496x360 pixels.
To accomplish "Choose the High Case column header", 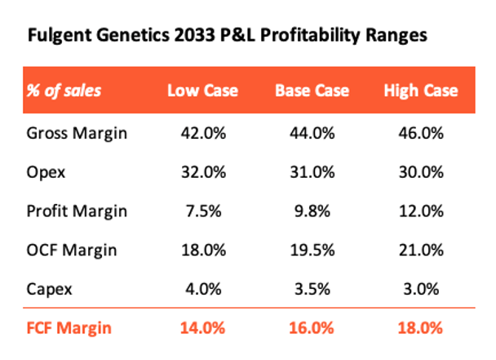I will pyautogui.click(x=420, y=89).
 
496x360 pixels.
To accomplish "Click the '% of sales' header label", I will pyautogui.click(x=67, y=89).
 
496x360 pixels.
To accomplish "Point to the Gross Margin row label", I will pyautogui.click(x=78, y=133).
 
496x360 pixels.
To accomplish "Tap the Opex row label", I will pyautogui.click(x=45, y=171).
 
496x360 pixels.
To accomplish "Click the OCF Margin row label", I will pyautogui.click(x=72, y=250).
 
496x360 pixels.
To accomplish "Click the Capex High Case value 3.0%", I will pyautogui.click(x=420, y=289).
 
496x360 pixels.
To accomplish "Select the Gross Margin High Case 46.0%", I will pyautogui.click(x=420, y=133).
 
